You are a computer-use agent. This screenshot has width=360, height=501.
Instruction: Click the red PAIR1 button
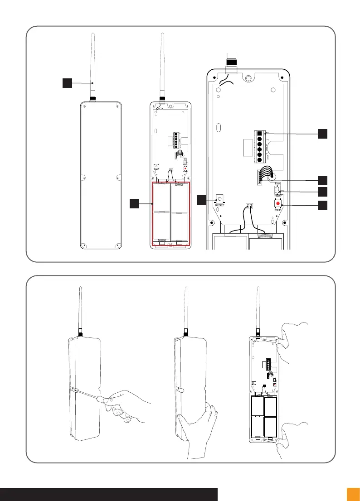277,203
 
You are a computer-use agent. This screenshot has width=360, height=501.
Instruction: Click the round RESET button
220,198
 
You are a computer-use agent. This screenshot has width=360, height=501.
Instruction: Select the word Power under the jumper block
278,196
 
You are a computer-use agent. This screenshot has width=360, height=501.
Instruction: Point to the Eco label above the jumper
278,183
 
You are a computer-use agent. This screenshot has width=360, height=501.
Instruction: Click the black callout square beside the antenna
67,83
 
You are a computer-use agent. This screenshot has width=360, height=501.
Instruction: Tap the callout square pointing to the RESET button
202,199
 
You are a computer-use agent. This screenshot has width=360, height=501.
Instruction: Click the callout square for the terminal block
322,134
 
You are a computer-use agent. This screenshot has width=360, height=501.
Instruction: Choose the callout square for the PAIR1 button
322,205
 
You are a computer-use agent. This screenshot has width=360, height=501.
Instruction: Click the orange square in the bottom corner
353,494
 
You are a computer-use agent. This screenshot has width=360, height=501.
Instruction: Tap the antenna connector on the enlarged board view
232,62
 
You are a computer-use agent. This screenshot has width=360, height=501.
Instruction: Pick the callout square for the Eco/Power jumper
322,192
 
